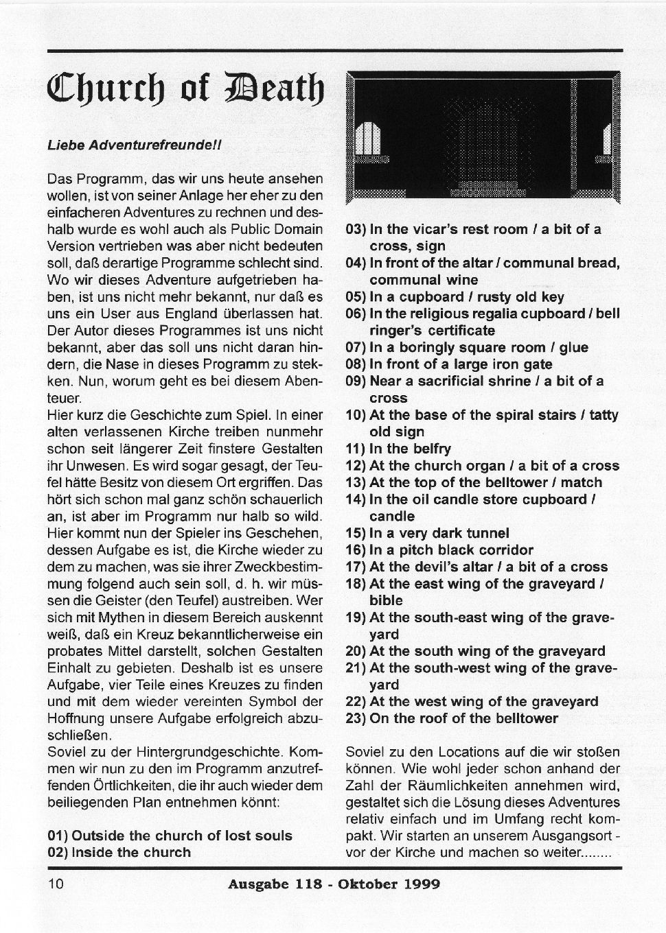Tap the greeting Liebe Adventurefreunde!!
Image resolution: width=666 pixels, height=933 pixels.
133,145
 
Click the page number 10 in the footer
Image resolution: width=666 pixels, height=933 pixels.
56,884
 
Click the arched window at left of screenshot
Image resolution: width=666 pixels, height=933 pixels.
369,140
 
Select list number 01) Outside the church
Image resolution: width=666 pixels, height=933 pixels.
170,836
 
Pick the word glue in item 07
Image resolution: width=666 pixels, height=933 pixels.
573,347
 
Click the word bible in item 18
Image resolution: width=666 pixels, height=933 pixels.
386,600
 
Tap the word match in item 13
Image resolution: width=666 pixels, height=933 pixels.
580,482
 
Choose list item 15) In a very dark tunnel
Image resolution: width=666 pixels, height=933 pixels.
427,533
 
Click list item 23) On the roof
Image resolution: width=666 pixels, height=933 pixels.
452,718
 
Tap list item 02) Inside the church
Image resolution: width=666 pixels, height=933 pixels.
119,853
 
